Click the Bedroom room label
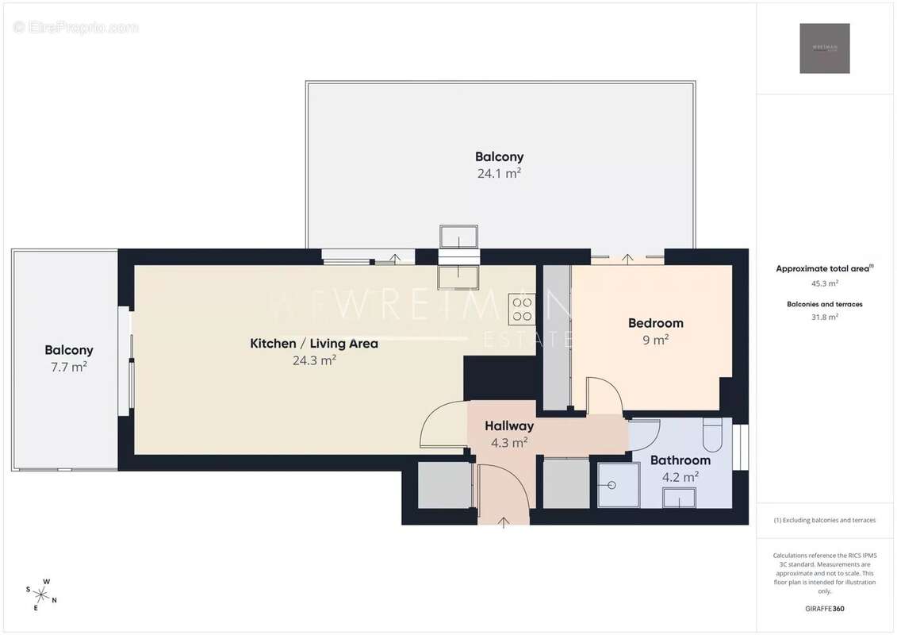655,323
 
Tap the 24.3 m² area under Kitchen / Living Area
314,360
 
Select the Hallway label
509,426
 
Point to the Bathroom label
680,460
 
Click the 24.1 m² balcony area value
499,173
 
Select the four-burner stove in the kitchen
521,309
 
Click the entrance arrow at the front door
504,521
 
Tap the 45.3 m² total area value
825,283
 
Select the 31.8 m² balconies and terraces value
825,317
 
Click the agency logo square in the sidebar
824,48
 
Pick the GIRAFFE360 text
825,610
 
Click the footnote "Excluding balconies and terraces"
825,521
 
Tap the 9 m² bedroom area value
655,340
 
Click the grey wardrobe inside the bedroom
556,337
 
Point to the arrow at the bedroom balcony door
627,258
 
